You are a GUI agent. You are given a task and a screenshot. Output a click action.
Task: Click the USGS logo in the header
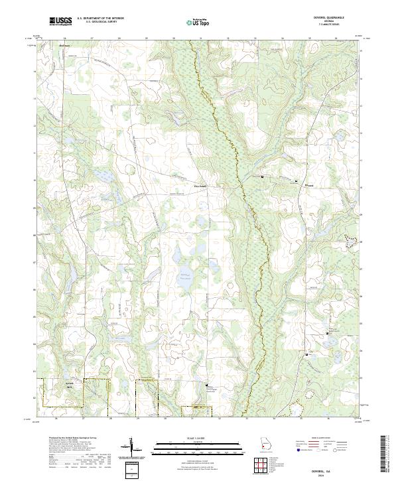[60, 22]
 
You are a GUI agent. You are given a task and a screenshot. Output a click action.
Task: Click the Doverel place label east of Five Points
[308, 186]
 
